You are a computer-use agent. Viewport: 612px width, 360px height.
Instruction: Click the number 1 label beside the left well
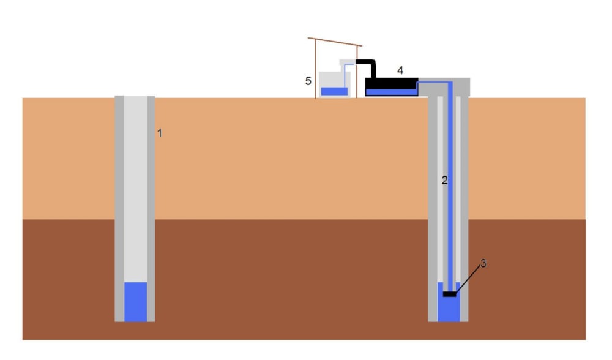click(159, 133)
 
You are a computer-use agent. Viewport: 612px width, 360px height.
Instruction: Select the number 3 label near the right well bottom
click(483, 263)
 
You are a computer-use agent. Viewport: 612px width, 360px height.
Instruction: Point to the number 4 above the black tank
click(400, 70)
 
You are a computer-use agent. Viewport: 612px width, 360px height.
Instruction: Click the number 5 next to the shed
click(308, 80)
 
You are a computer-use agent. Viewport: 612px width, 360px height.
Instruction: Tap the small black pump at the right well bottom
click(450, 294)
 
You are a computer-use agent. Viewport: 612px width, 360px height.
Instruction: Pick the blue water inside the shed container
click(334, 91)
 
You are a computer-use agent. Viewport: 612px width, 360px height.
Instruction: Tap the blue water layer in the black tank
click(392, 92)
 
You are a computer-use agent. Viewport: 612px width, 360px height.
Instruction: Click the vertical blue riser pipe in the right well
click(450, 184)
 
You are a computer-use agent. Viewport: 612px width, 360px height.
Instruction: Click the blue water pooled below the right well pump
click(449, 309)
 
